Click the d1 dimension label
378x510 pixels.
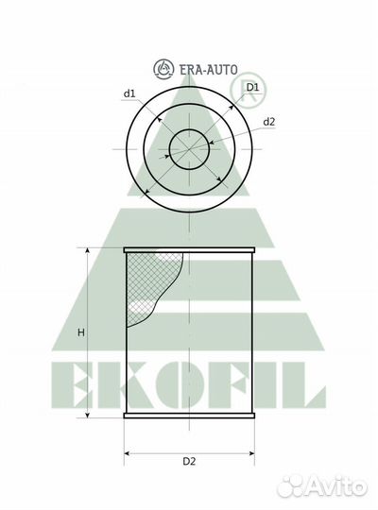(x=129, y=93)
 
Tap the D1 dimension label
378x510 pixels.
(x=252, y=88)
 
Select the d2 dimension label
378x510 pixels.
(x=269, y=121)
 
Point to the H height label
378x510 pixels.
(x=81, y=332)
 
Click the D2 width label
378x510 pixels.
(x=189, y=461)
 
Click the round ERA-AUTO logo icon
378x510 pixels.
(x=163, y=68)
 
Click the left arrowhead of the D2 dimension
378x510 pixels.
(x=128, y=450)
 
